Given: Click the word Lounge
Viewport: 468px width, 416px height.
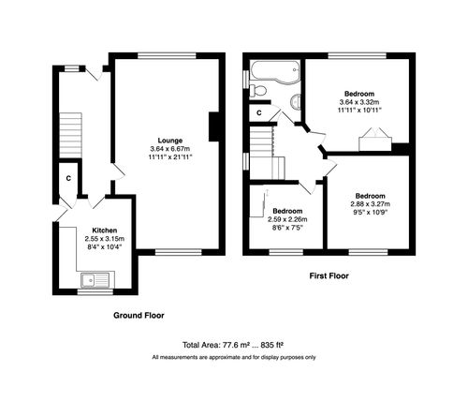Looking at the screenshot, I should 170,140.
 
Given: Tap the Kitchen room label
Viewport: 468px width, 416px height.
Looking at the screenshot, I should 104,230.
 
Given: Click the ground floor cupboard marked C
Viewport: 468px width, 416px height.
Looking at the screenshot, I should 68,177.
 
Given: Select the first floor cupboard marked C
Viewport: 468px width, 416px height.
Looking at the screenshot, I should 259,112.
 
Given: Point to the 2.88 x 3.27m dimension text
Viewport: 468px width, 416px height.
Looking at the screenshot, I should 370,204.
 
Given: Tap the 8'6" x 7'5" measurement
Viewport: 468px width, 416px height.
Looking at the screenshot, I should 288,228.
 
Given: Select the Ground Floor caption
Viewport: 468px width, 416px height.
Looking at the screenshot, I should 140,316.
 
